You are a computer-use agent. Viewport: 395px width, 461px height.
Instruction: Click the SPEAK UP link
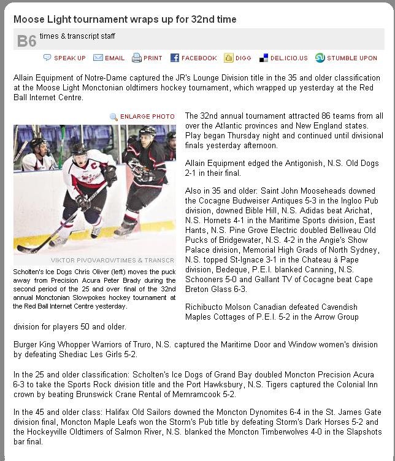tap(69, 58)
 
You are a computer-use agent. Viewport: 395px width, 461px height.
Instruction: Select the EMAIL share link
tap(114, 58)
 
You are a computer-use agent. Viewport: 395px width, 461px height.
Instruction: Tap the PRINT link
tap(153, 58)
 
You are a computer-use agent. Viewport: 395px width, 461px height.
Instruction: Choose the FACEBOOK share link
tap(199, 58)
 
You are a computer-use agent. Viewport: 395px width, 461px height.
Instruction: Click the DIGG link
tap(243, 58)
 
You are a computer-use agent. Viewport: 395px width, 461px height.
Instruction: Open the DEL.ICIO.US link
tap(288, 58)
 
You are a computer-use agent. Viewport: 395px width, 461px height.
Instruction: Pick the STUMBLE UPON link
tap(351, 58)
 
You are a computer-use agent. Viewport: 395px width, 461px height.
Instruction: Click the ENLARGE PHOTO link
tap(147, 116)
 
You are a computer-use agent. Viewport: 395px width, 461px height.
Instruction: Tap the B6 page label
tap(26, 41)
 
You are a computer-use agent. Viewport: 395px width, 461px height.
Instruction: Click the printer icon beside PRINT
tap(136, 58)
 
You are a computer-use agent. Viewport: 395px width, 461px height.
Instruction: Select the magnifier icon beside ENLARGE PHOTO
tap(113, 116)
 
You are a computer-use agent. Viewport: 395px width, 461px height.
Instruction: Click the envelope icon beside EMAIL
tap(98, 58)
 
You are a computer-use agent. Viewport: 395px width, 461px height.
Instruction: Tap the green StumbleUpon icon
tap(320, 58)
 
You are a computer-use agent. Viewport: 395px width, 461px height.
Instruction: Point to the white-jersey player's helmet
tap(79, 149)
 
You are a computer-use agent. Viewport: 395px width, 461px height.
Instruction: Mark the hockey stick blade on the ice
tap(25, 250)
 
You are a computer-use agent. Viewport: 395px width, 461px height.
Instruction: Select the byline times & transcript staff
tap(77, 36)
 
